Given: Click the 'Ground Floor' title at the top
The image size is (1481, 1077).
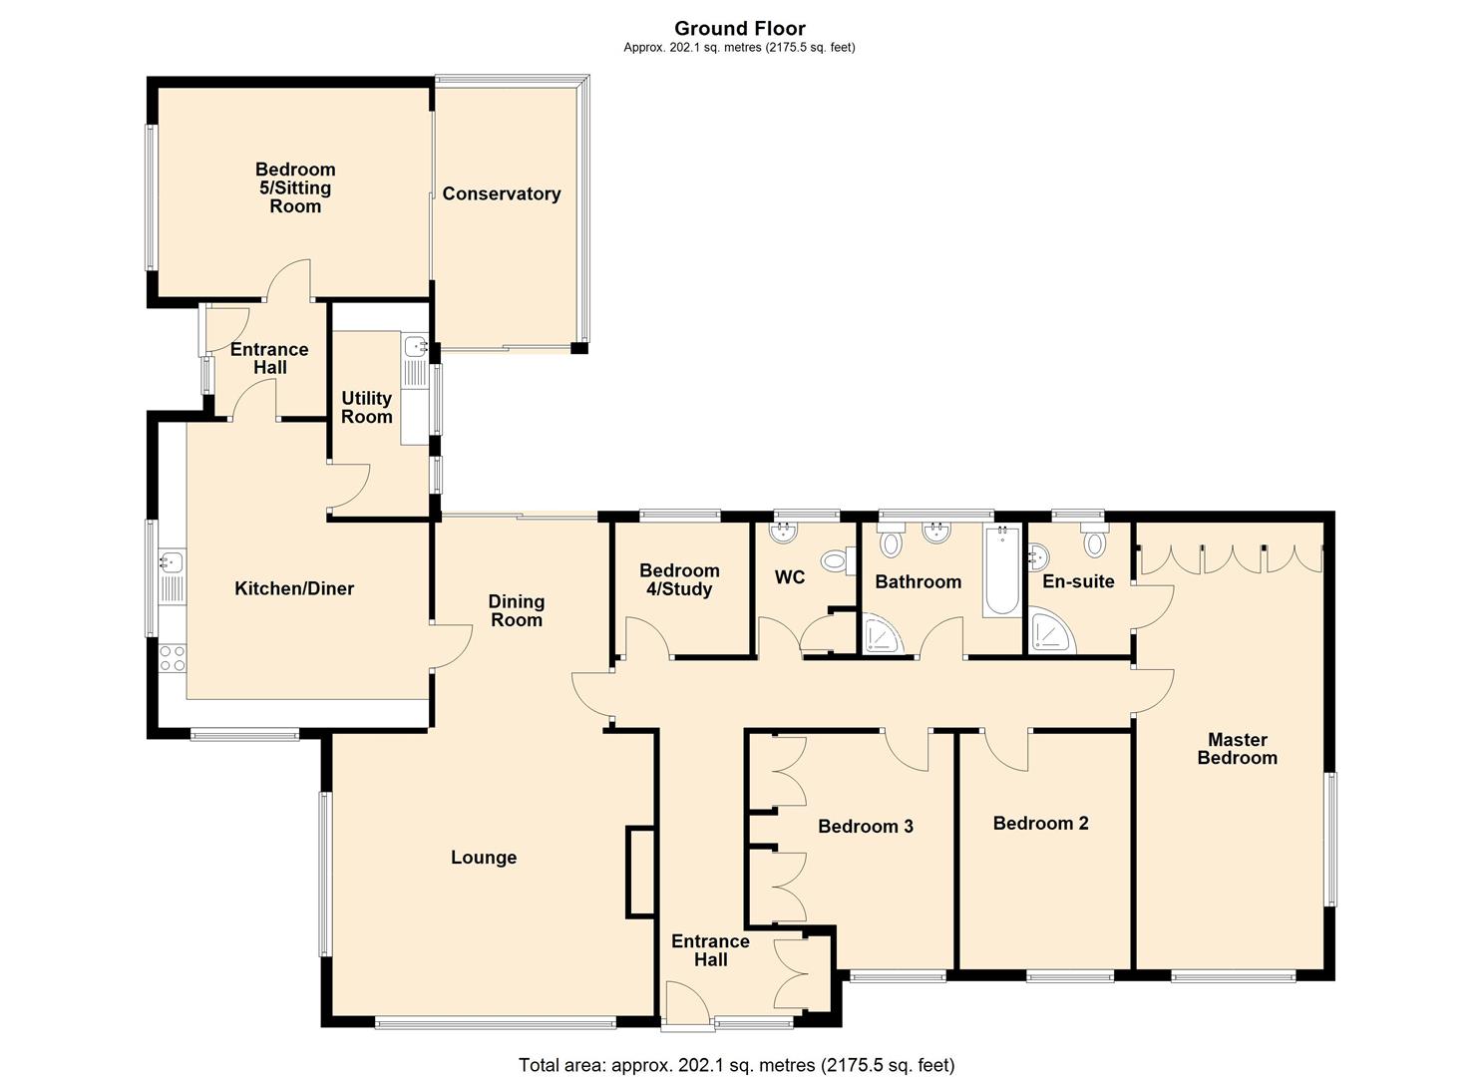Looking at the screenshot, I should click(x=739, y=28).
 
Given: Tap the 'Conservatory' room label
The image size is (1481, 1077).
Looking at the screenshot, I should click(x=501, y=194).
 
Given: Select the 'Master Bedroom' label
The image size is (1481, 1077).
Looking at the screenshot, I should click(x=1237, y=749).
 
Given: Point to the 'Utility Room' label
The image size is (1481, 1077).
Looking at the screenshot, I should click(x=366, y=408).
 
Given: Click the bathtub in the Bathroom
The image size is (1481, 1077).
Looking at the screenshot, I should click(x=1001, y=570).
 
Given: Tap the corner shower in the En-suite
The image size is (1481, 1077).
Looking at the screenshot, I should click(x=1050, y=634).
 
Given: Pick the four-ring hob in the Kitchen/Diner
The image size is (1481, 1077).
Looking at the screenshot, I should click(x=172, y=658).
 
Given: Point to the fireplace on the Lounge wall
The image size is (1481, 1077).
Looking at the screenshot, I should click(x=638, y=872).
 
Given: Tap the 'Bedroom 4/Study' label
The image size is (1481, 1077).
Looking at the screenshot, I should click(x=679, y=580).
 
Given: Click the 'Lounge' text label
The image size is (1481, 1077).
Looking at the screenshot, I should click(x=484, y=858).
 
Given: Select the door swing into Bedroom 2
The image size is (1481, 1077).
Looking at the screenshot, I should click(x=1007, y=750).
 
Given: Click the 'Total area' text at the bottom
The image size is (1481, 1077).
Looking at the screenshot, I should click(x=736, y=1065).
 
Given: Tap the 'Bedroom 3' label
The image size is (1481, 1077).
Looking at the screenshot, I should click(x=865, y=827).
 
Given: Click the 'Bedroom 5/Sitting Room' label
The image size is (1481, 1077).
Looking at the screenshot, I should click(x=295, y=188).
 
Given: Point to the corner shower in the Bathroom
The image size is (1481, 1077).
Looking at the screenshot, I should click(x=885, y=635).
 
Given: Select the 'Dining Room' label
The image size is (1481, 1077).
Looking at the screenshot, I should click(x=516, y=610).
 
